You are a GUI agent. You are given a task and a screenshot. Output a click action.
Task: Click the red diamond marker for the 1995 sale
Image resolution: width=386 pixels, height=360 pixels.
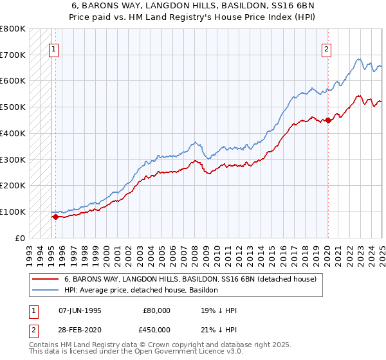pos(55,217)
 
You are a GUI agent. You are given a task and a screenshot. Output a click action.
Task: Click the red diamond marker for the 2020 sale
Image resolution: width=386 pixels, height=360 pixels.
pos(328,120)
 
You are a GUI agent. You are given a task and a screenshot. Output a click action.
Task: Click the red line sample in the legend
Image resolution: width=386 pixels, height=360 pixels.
pos(45,280)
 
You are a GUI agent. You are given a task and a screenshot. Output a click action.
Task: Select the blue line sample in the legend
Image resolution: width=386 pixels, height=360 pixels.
pos(45,290)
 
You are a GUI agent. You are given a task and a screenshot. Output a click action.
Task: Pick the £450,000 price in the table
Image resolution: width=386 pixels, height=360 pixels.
pos(157,330)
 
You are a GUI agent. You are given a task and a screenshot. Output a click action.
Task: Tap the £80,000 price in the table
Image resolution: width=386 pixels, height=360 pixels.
pos(157,310)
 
